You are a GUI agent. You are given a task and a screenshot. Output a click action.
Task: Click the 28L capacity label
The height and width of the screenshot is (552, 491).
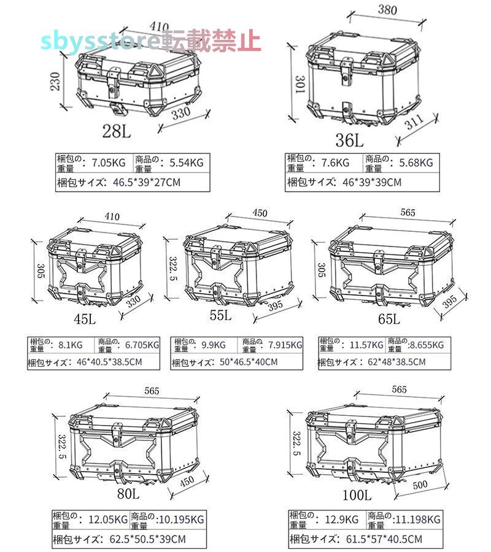coord(117,132)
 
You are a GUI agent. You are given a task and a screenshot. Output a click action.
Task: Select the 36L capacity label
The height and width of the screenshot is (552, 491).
coord(349,140)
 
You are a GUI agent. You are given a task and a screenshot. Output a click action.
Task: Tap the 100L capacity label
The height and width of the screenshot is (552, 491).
coord(357,496)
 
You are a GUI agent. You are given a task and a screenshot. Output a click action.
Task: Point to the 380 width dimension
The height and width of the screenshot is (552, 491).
coord(387,9)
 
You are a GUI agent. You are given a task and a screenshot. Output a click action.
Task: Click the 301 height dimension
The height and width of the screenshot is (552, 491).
coord(300,84)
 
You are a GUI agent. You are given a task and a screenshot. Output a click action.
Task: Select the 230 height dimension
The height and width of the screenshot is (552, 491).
coord(55,82)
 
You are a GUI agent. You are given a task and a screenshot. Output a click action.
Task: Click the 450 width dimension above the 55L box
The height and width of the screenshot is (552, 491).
coord(260,213)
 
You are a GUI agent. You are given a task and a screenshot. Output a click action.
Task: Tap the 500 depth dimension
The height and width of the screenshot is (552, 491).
coord(420,485)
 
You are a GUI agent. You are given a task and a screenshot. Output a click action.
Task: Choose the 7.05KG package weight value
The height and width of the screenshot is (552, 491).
coord(109,163)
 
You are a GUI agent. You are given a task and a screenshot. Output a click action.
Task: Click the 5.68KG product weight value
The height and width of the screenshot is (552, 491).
coord(416,163)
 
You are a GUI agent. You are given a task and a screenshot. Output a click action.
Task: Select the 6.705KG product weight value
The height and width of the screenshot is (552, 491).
coord(142,345)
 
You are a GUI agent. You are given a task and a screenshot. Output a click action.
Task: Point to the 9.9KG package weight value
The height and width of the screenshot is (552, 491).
coord(213,345)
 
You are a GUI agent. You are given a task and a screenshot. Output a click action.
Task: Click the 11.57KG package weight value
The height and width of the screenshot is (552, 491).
coord(366,345)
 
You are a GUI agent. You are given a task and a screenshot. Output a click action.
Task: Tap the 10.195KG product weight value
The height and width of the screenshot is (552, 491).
coord(182,519)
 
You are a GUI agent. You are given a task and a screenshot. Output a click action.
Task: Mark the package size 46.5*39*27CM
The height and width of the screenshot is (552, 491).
coord(147,182)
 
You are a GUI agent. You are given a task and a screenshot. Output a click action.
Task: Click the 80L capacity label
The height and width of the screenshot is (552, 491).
coord(128,494)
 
